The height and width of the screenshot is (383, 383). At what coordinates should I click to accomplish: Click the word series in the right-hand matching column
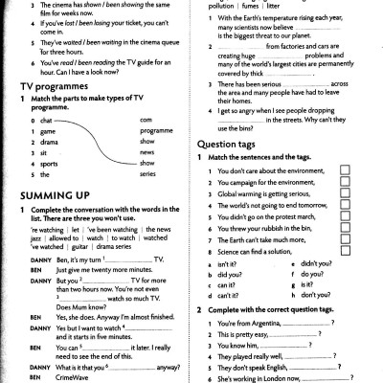pos(146,174)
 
